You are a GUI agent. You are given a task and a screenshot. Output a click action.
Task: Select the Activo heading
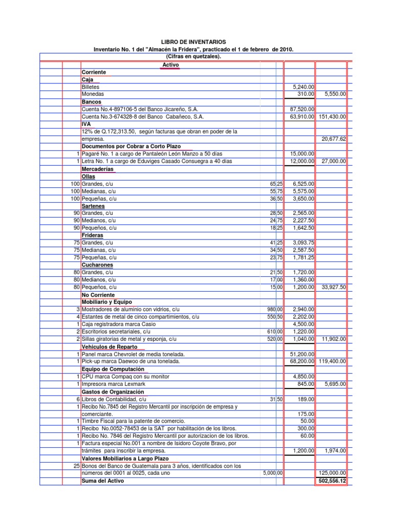[x=170, y=65]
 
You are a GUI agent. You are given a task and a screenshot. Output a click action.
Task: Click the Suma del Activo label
[x=102, y=481]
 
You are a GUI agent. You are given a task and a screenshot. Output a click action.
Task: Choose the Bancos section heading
[x=92, y=102]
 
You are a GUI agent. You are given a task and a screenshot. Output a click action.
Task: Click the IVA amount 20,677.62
[x=333, y=139]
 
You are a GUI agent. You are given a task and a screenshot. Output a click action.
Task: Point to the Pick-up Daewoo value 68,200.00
[x=302, y=361]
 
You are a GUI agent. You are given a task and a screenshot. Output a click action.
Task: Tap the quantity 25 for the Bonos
[x=76, y=466]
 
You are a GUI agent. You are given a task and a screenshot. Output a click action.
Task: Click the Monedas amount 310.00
[x=305, y=95]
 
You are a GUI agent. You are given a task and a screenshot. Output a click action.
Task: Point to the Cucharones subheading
[x=96, y=265]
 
